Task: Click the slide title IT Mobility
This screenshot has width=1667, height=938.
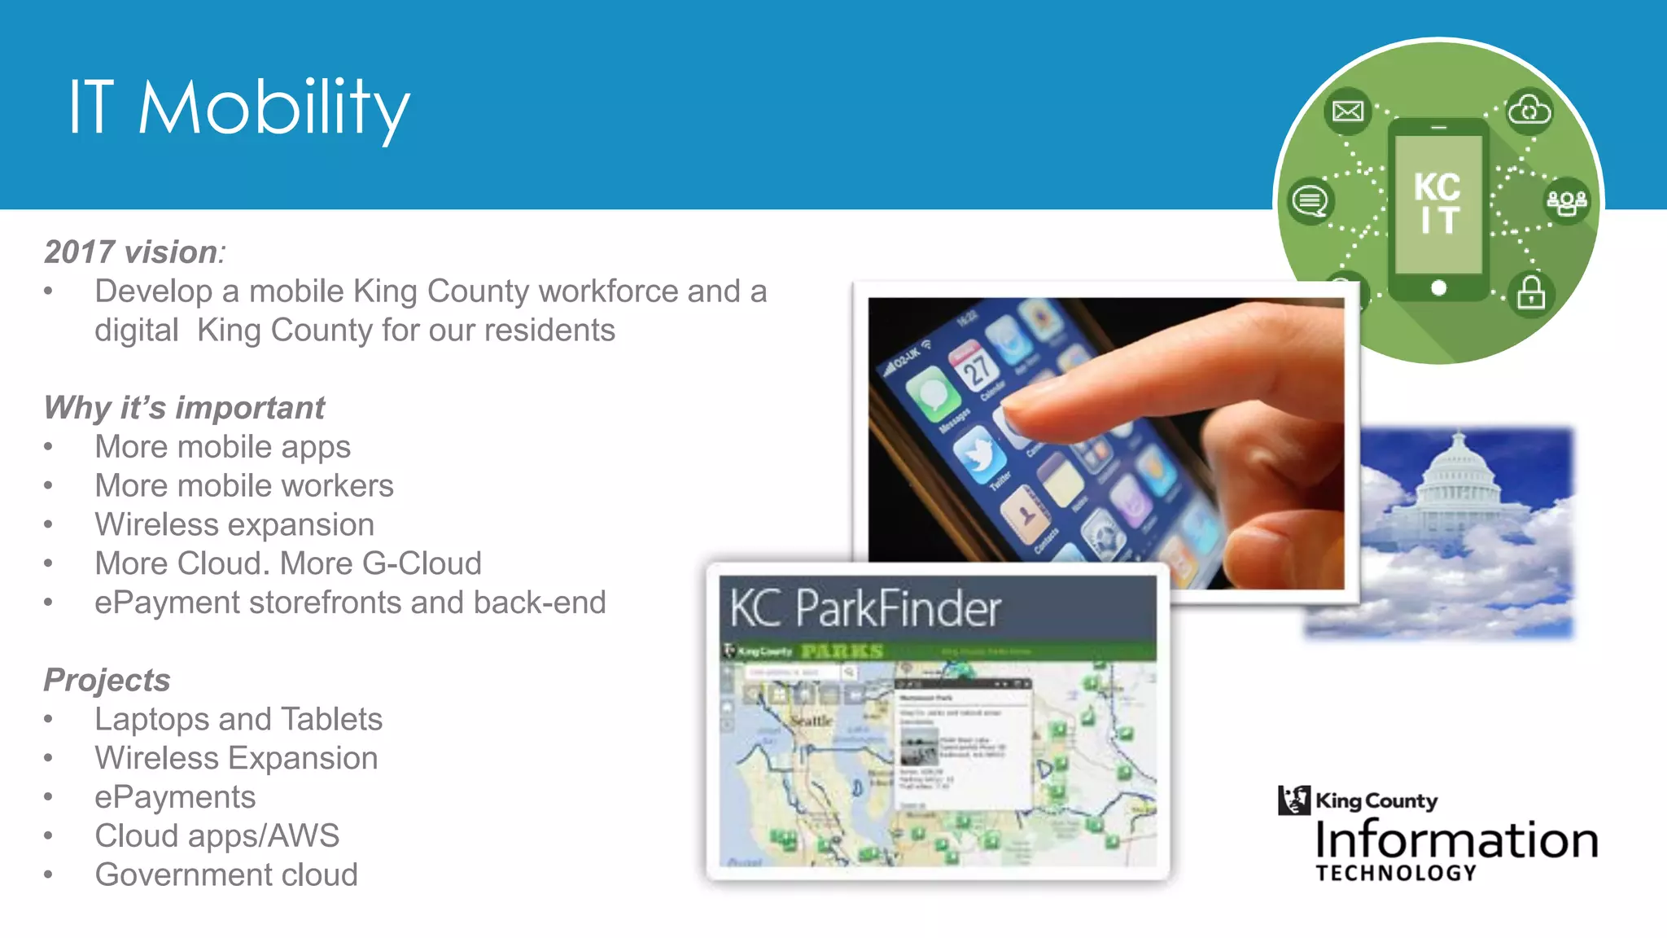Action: pyautogui.click(x=238, y=107)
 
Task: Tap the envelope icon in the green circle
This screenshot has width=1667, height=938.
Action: pyautogui.click(x=1347, y=111)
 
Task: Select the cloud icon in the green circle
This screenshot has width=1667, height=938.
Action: pyautogui.click(x=1529, y=110)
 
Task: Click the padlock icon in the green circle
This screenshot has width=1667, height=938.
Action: pyautogui.click(x=1531, y=293)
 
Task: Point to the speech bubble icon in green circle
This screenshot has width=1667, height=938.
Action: pyautogui.click(x=1310, y=200)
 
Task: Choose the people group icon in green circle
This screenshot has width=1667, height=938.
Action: pyautogui.click(x=1567, y=201)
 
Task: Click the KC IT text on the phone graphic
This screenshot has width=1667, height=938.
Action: pyautogui.click(x=1437, y=204)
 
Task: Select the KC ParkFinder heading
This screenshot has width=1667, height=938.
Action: pyautogui.click(x=864, y=608)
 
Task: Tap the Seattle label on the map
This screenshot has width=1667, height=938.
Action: pyautogui.click(x=811, y=721)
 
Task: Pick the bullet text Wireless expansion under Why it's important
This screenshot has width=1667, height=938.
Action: pyautogui.click(x=234, y=524)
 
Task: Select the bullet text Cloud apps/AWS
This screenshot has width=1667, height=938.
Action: pyautogui.click(x=217, y=835)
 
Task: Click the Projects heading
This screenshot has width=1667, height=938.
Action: pyautogui.click(x=107, y=680)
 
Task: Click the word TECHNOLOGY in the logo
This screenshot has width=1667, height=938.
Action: pyautogui.click(x=1396, y=873)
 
